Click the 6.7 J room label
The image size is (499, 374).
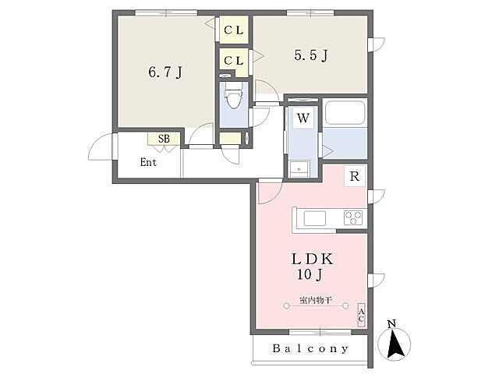coord(165,72)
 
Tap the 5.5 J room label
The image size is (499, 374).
coord(310,55)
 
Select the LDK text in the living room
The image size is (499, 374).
coord(312,259)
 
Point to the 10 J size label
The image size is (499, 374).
coord(310,274)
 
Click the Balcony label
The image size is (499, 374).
coord(310,348)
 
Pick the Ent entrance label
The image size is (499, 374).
coord(148,162)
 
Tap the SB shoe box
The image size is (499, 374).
coord(164,139)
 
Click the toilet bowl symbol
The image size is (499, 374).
coord(234,97)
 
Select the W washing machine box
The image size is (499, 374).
coord(303,118)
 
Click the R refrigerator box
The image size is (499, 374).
coord(355,176)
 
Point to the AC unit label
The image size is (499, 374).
coord(361,315)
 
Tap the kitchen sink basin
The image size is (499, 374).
coord(315,218)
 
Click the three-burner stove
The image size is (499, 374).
coord(353,218)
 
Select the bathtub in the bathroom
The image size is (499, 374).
coord(345,112)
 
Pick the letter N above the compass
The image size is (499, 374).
coord(391,324)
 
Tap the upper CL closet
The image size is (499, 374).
coord(234,30)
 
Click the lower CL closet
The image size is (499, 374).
coord(234,61)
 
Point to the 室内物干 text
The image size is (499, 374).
coord(316,300)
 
